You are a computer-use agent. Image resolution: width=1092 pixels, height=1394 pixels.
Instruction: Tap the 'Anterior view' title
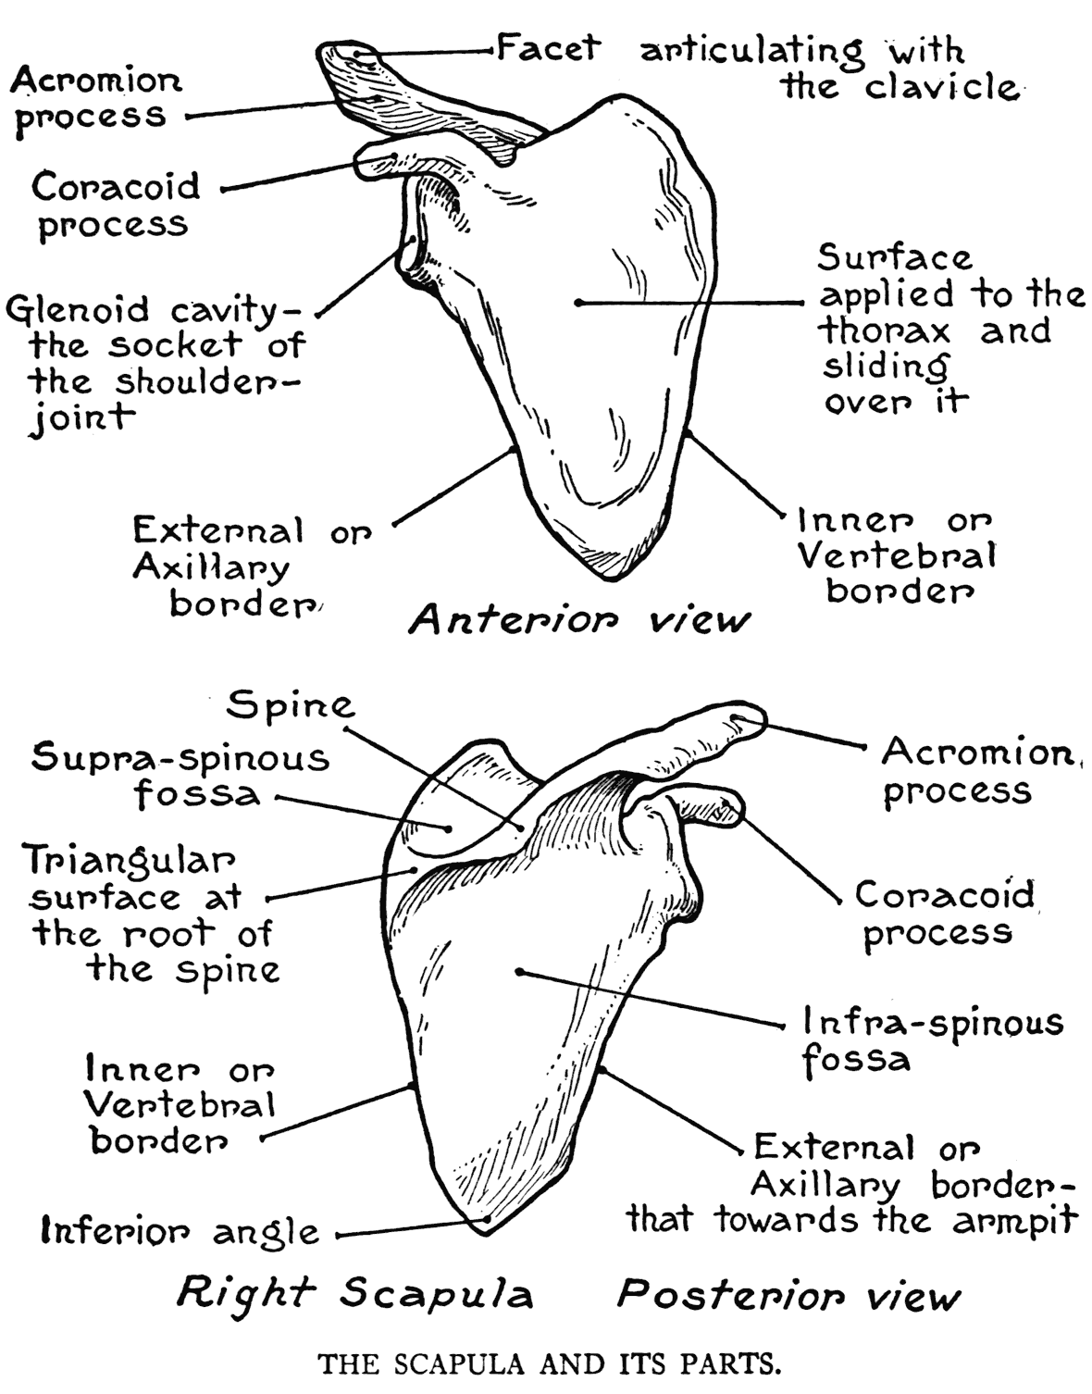coord(578,619)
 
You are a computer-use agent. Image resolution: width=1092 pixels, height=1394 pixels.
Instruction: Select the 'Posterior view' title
coord(788,1294)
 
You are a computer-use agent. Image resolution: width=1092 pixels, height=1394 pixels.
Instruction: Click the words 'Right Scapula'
coord(354,1292)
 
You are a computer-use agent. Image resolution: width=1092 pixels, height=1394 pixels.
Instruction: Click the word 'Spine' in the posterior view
coord(291,706)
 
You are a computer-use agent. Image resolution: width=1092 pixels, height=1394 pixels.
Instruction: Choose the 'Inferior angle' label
coord(180,1232)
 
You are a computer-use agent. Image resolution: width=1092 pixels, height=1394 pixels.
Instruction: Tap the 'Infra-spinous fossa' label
coord(932,1039)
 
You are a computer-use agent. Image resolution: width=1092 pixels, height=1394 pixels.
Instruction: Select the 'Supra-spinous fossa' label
coord(180,776)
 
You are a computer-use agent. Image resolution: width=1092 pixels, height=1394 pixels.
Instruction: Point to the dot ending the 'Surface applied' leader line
coord(577,302)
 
